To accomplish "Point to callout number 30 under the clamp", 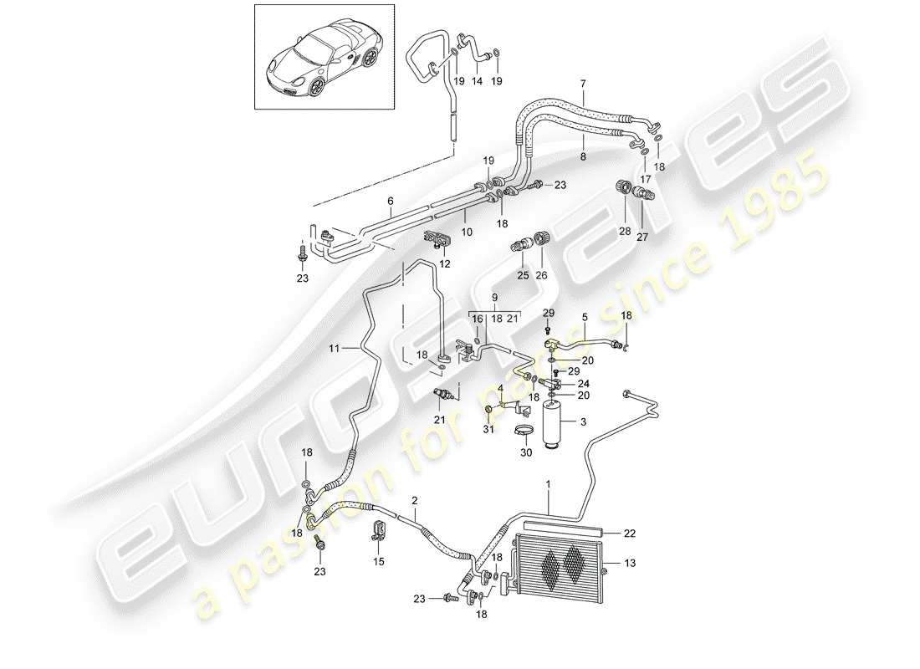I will click(x=526, y=452).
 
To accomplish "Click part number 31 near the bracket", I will click(x=489, y=430).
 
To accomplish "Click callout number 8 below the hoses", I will click(x=582, y=156).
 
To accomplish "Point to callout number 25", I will click(x=523, y=275).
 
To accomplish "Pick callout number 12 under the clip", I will click(x=445, y=264).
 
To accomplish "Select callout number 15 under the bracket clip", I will click(x=378, y=562).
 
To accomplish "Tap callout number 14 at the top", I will click(x=478, y=81).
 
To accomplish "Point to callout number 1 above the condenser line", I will click(x=549, y=484).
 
